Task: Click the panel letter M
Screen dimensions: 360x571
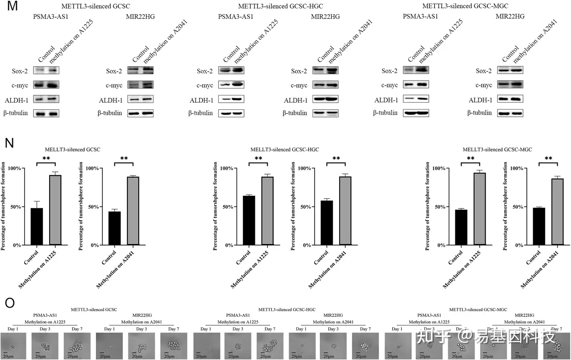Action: [12, 6]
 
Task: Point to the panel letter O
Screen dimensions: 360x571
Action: [9, 303]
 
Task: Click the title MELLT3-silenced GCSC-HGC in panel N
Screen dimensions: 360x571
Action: [284, 149]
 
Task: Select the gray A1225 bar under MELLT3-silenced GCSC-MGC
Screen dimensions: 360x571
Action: [480, 209]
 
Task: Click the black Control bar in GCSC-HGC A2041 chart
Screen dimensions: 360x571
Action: [327, 223]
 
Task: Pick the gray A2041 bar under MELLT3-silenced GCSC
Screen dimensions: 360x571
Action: [133, 211]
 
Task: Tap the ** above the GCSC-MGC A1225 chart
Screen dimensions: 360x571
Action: [470, 159]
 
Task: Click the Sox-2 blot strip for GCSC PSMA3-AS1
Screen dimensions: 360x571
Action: [46, 70]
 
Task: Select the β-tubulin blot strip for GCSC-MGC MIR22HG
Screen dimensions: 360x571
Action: [510, 113]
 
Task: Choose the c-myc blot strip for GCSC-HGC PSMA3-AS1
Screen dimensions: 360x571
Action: [231, 85]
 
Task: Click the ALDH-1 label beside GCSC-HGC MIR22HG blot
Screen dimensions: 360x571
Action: [296, 100]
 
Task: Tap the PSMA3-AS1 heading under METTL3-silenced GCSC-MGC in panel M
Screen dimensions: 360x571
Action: [420, 17]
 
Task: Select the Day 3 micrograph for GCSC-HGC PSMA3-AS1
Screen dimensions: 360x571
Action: [238, 346]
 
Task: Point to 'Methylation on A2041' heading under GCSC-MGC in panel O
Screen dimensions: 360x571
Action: [524, 322]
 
